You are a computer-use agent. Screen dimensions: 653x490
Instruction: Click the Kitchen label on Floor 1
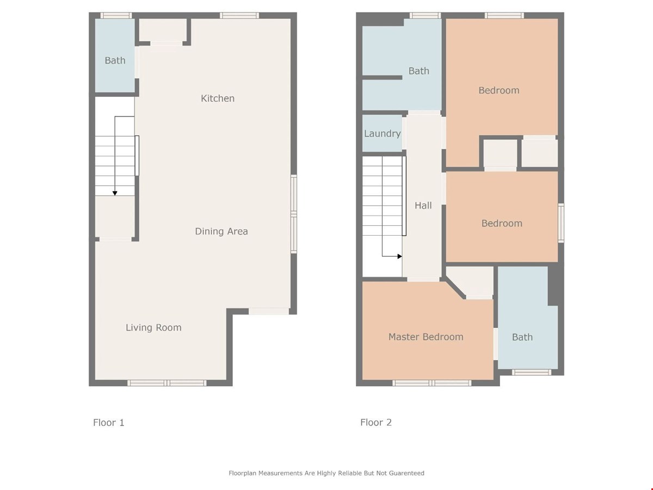coord(218,98)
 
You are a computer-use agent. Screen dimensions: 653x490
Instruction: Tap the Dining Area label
coord(221,231)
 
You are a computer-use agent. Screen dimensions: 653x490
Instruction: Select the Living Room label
coord(153,328)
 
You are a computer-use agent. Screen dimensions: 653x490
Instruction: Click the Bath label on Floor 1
coord(115,60)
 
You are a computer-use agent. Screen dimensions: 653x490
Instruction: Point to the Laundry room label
coord(383,133)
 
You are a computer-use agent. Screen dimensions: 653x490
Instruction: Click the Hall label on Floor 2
coord(423,205)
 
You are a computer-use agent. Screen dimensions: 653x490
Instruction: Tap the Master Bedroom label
coord(426,337)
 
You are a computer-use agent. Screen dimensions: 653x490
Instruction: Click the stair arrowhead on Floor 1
coord(115,193)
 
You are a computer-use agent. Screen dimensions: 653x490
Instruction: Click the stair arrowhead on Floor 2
coord(400,256)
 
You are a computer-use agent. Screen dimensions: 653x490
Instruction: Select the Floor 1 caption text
coord(109,422)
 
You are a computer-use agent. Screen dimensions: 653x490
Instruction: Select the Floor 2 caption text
coord(375,422)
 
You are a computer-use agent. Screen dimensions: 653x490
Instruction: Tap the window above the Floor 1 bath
coord(116,15)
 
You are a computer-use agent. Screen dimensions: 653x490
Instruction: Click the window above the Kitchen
coord(239,15)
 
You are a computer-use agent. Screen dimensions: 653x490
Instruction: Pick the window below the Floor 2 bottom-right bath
coord(531,372)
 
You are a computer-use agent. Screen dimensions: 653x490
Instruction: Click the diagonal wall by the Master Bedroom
coord(454,289)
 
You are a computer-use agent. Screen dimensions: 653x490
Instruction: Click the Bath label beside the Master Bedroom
coord(522,337)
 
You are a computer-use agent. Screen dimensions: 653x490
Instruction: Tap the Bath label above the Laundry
coord(418,71)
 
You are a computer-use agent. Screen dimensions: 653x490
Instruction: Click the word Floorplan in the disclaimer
coord(242,473)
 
